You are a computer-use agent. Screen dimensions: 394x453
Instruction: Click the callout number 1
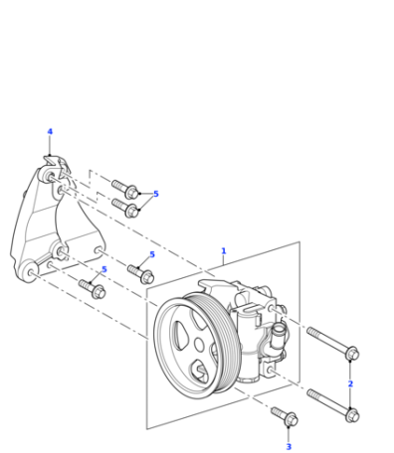click(224, 251)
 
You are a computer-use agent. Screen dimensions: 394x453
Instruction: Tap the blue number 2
click(350, 383)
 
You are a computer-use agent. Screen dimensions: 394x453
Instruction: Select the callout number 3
click(289, 447)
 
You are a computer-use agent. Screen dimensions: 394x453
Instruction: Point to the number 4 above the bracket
click(50, 132)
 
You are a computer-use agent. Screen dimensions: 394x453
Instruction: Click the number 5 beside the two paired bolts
click(156, 194)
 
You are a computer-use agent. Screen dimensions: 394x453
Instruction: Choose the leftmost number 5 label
click(104, 269)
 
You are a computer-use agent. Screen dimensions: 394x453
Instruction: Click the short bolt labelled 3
click(285, 416)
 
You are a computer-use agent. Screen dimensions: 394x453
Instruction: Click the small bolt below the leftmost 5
click(92, 289)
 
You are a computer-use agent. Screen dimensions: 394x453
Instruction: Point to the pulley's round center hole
click(199, 345)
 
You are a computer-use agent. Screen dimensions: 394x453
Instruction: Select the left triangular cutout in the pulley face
click(179, 335)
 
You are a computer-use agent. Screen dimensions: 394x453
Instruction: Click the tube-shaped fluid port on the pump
click(278, 336)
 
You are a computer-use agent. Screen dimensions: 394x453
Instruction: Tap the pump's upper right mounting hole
click(272, 309)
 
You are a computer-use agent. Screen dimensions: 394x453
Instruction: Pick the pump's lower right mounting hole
click(271, 371)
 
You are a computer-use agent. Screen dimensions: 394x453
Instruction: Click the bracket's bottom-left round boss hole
click(31, 272)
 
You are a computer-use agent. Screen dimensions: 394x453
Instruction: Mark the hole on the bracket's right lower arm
click(98, 250)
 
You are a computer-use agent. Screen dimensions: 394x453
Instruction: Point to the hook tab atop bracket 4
click(51, 160)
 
